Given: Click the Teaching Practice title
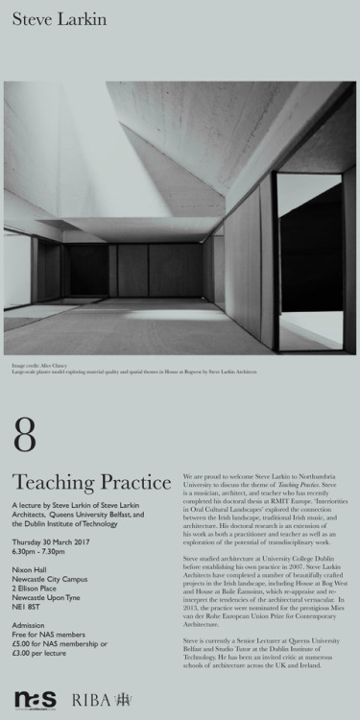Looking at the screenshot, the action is point(78,481).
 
